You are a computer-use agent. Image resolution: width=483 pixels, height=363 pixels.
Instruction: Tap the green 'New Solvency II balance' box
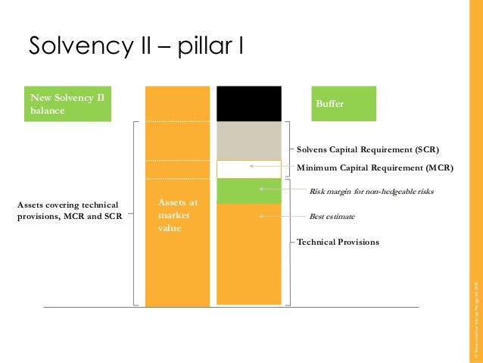coord(67,104)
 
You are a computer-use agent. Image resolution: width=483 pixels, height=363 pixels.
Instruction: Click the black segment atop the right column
coord(249,104)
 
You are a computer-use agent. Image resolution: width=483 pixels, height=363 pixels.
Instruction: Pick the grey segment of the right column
coord(249,140)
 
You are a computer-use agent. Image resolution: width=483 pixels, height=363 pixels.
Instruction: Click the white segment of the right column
coord(249,169)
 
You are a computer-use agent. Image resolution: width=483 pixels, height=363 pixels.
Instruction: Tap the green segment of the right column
coord(249,191)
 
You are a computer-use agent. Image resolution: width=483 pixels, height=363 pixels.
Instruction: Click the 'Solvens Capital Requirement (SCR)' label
coord(367,150)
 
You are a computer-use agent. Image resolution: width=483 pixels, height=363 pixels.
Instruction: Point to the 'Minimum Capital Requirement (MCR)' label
coord(375,167)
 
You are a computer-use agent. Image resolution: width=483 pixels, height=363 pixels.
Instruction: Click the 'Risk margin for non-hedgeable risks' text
coord(371,192)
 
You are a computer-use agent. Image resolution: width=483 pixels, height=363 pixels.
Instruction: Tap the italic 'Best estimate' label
coord(332,217)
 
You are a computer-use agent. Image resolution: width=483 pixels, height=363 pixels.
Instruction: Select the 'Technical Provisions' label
coord(338,243)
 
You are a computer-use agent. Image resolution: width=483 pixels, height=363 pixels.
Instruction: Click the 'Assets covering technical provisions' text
coord(67,210)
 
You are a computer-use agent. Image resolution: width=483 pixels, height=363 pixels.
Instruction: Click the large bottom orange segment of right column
coord(249,255)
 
